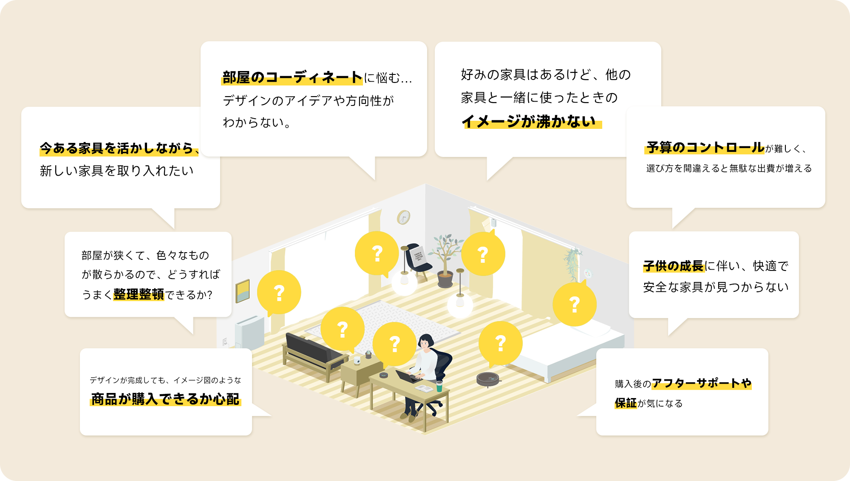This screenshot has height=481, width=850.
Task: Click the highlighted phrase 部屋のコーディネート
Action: coord(292,77)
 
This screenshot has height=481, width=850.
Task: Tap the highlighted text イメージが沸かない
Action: coord(529,122)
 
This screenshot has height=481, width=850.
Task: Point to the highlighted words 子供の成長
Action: coord(674,266)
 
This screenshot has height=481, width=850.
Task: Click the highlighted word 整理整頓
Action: coord(139,294)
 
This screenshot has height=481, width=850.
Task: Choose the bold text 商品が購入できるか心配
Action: coord(165,399)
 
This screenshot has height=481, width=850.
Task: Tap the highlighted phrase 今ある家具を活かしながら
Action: coord(117,148)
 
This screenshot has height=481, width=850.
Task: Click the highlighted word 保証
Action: coord(626,403)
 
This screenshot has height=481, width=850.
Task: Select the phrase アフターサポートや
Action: coord(702,383)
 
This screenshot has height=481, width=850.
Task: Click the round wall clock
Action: coord(403,217)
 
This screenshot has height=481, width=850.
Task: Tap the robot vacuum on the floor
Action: coord(488,379)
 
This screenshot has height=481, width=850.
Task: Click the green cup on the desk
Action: coord(439,386)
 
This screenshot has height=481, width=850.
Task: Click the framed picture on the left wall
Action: coord(243,291)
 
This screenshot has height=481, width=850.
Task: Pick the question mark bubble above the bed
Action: coord(575,304)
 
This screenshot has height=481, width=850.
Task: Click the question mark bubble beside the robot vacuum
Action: coord(501,344)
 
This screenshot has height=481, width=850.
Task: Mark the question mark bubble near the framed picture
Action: coord(279,293)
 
